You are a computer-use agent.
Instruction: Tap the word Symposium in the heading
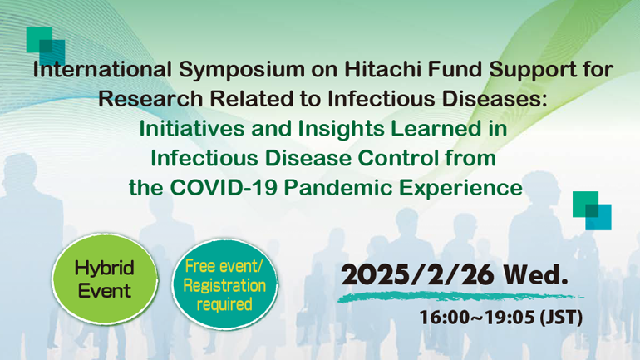coord(242,70)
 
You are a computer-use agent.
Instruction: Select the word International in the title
coord(102,69)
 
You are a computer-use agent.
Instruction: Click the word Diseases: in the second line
coord(495,99)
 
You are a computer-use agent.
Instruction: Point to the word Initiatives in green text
coord(192,129)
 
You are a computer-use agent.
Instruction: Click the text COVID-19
coord(224,188)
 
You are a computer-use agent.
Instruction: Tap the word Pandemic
coord(338,188)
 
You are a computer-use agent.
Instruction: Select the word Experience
coord(460,189)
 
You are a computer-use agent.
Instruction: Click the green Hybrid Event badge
coord(105,279)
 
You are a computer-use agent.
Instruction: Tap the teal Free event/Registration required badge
coord(224,284)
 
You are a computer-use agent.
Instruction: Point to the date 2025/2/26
coord(417,274)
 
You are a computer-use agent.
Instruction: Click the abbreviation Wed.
coord(535,274)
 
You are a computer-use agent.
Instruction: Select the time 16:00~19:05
coord(477,318)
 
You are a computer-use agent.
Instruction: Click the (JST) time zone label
coord(561,318)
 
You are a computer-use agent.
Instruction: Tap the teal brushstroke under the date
coord(460,297)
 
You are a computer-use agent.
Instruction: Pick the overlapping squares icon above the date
coord(592,210)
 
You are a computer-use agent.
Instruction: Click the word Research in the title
coord(150,99)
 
